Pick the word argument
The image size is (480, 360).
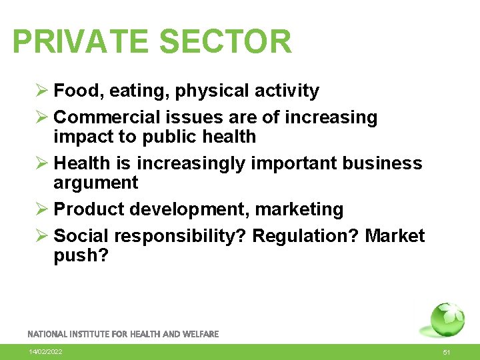tap(95, 183)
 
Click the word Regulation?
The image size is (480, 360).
tap(306, 236)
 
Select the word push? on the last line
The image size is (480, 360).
tap(81, 256)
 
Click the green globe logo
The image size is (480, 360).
tap(447, 319)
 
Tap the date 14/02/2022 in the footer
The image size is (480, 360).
tap(46, 351)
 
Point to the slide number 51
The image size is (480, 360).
tap(447, 351)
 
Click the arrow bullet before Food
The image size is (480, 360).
tap(41, 91)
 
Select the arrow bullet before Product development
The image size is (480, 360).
tap(41, 209)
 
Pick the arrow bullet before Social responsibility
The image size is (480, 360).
tap(41, 236)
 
